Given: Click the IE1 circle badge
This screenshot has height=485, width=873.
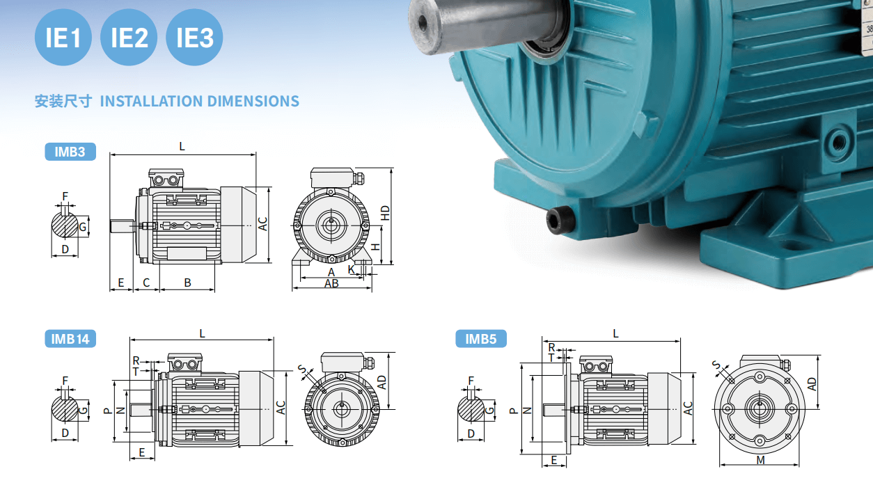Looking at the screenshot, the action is click(x=63, y=38).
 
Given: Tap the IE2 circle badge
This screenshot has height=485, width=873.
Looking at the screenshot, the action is click(x=129, y=38).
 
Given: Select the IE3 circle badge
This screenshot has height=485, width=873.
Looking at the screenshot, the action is click(x=194, y=38).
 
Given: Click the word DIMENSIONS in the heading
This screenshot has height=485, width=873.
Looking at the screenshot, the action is click(x=253, y=102).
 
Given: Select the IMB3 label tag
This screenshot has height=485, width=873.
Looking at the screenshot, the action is click(x=70, y=152).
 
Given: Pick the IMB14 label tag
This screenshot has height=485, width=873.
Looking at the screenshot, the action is click(x=70, y=339).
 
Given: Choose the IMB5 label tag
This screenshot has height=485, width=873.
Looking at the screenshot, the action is click(x=481, y=339).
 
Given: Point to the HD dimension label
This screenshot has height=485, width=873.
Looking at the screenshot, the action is click(x=385, y=213).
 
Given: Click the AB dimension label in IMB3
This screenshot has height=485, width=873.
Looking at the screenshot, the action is click(x=331, y=284).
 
